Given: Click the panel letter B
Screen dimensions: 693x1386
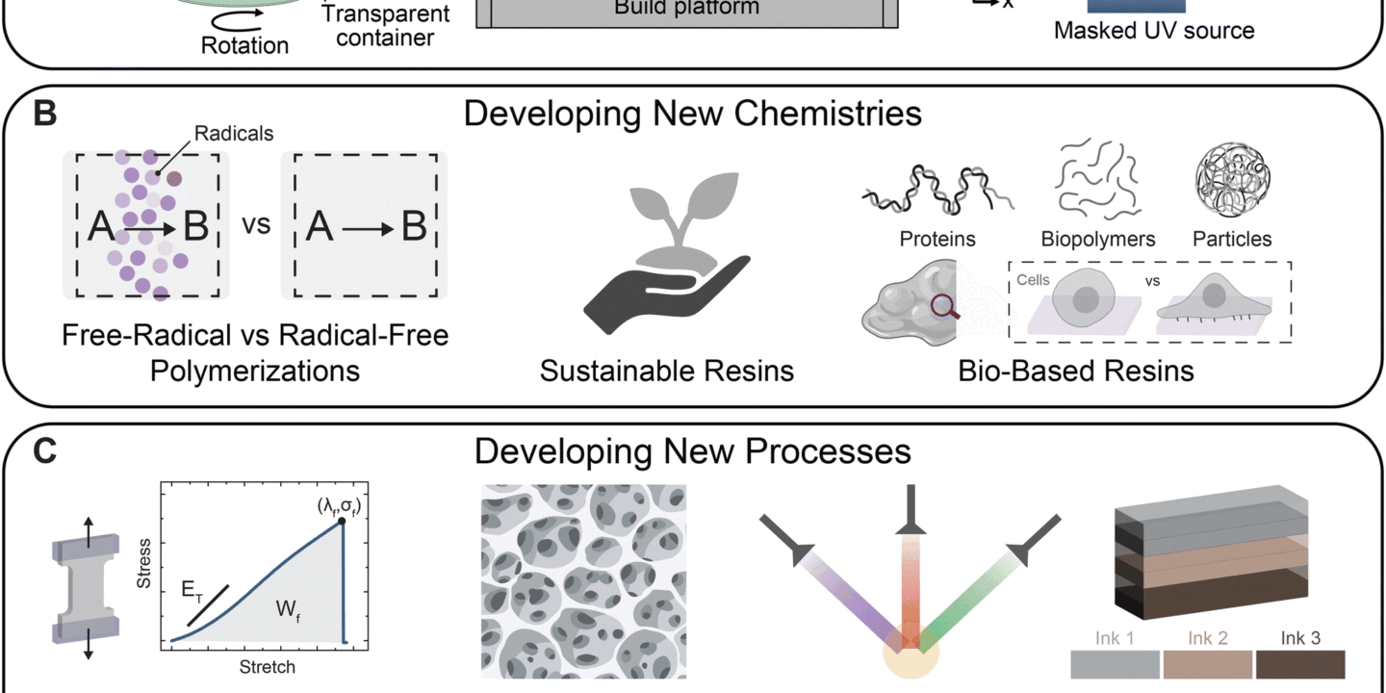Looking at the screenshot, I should coord(44,114).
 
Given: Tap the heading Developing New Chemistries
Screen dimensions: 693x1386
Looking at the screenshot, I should coord(693,114).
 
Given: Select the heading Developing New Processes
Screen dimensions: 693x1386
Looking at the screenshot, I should coord(693,451).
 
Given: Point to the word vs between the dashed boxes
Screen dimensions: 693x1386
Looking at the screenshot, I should coord(255,226).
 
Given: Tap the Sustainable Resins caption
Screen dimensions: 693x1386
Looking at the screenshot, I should coord(666,371).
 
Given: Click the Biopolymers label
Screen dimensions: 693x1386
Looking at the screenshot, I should coord(1098,239).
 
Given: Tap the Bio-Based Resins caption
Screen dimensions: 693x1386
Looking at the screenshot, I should coord(1075,371).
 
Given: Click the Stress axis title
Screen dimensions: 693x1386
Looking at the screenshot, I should coord(143,570).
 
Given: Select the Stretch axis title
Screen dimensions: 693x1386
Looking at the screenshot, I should coord(266,666).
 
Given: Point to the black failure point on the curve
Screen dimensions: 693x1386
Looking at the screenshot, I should coord(343,521).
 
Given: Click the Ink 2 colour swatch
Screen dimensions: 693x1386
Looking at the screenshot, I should coord(1208,665).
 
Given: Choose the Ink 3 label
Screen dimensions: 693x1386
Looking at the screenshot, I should coord(1299,638).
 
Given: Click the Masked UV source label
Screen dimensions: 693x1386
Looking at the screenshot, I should coord(1154,31).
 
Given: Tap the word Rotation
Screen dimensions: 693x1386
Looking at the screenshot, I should coord(244,44).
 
